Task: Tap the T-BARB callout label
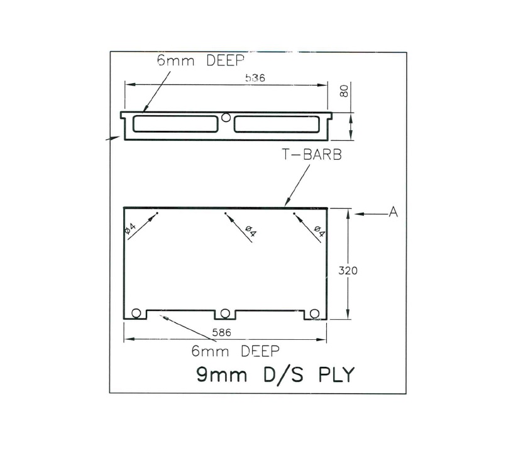pyautogui.click(x=311, y=155)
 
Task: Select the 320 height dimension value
pyautogui.click(x=348, y=271)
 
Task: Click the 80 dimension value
pyautogui.click(x=344, y=91)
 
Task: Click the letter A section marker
pyautogui.click(x=393, y=213)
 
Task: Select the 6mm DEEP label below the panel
pyautogui.click(x=234, y=351)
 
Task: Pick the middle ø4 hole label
pyautogui.click(x=250, y=232)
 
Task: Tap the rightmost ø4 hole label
pyautogui.click(x=318, y=230)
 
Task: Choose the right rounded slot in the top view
pyautogui.click(x=277, y=125)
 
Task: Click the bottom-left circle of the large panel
pyautogui.click(x=136, y=313)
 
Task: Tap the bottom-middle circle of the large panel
pyautogui.click(x=226, y=313)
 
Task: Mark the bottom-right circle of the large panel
pyautogui.click(x=315, y=313)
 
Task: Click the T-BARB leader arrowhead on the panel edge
pyautogui.click(x=286, y=204)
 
